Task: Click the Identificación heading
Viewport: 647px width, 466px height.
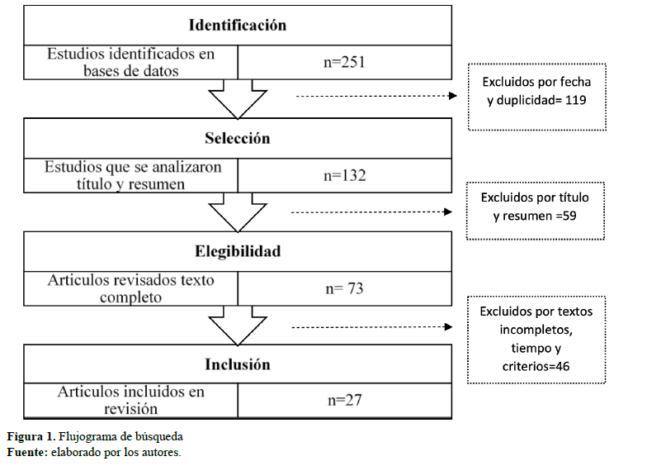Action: click(x=237, y=25)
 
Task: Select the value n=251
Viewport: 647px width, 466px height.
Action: click(x=345, y=62)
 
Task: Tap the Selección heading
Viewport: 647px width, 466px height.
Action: click(x=237, y=139)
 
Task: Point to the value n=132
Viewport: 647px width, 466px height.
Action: click(x=345, y=176)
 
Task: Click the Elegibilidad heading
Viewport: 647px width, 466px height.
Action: click(x=237, y=252)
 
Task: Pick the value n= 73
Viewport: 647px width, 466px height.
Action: click(x=345, y=289)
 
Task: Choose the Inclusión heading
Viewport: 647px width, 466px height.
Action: click(x=237, y=364)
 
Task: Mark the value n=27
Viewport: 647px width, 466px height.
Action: click(x=345, y=401)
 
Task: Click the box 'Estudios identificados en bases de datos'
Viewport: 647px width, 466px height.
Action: click(x=130, y=62)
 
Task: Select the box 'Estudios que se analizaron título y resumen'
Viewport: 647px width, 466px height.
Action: click(x=130, y=176)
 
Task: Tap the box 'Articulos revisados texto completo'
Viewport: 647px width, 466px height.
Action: click(x=130, y=289)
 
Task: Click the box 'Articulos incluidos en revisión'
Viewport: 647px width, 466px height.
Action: click(x=130, y=401)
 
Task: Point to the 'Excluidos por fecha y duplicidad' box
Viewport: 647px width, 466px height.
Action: click(x=536, y=97)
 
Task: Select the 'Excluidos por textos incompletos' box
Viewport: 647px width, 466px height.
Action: click(x=536, y=340)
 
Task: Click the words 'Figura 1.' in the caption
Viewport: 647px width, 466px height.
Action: click(x=31, y=436)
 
